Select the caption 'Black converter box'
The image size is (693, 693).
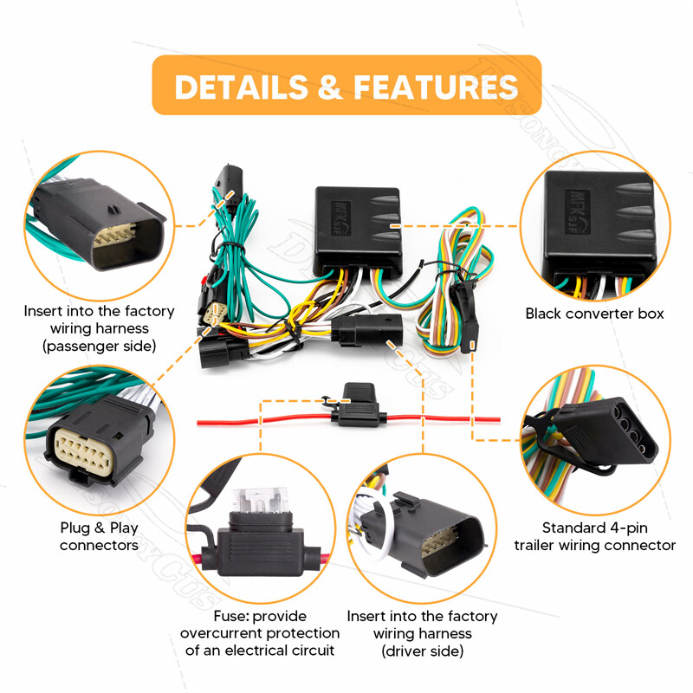(x=594, y=314)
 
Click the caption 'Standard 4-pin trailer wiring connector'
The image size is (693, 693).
(x=594, y=536)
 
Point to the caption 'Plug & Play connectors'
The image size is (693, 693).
(x=99, y=536)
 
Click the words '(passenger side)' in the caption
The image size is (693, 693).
(x=99, y=346)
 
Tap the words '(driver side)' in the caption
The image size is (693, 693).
(x=422, y=651)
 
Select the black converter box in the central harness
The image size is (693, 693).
(x=358, y=224)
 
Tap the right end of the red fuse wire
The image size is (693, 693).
(x=497, y=419)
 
